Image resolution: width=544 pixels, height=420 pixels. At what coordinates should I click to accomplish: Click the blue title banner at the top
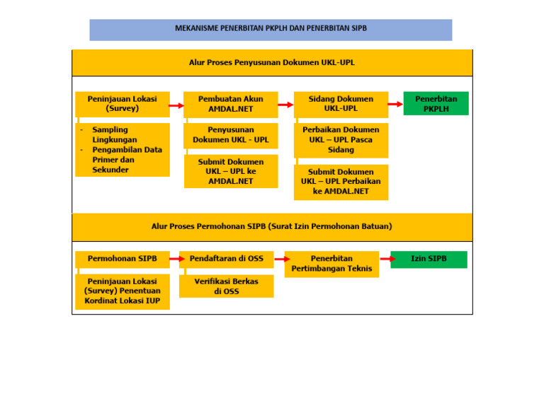pos(271,30)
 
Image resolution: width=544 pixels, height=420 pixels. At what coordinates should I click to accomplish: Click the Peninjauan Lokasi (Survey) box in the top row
pos(123,104)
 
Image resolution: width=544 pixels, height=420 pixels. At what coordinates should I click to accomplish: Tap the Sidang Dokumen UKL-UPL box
pos(341,104)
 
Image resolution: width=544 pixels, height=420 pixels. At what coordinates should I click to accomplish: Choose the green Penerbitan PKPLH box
pos(436,103)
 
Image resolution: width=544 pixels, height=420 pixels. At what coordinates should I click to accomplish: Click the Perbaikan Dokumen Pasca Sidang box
pos(341,140)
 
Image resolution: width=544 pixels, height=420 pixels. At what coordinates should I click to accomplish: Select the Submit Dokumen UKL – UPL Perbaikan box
pos(341,182)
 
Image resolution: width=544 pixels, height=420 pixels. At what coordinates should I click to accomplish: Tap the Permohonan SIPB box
pos(123,259)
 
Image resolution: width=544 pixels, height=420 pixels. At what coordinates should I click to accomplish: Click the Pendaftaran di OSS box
pos(226,259)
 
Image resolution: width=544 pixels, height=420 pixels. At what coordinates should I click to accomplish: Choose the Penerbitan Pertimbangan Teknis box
pos(331,264)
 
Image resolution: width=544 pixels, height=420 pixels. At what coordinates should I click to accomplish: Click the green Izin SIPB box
pos(429,259)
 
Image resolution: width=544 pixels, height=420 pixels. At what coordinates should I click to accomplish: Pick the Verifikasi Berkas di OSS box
pos(226,286)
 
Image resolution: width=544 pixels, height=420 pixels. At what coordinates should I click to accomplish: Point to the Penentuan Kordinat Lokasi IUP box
pos(123,291)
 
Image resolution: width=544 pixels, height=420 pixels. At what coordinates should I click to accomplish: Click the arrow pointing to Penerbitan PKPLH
pos(395,105)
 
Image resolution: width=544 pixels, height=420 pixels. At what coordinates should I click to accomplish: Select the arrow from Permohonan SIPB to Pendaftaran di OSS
pos(174,259)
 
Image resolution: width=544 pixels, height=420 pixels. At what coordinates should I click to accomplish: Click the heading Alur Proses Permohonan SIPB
pos(272,227)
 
